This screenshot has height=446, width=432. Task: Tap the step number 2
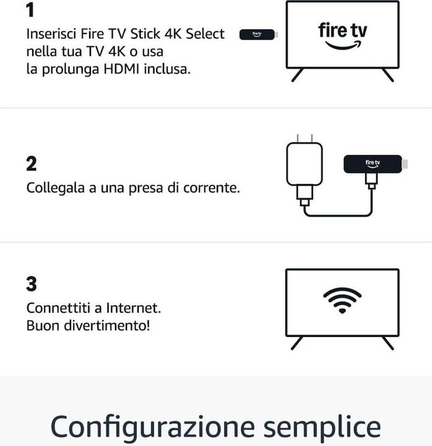[32, 164]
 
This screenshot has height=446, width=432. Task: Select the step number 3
[32, 284]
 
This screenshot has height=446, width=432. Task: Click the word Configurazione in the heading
[152, 427]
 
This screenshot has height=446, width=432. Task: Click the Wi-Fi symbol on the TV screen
[342, 300]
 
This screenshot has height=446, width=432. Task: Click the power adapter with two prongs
[304, 164]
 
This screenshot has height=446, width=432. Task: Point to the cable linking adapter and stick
[337, 215]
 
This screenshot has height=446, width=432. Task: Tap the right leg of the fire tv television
[387, 75]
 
